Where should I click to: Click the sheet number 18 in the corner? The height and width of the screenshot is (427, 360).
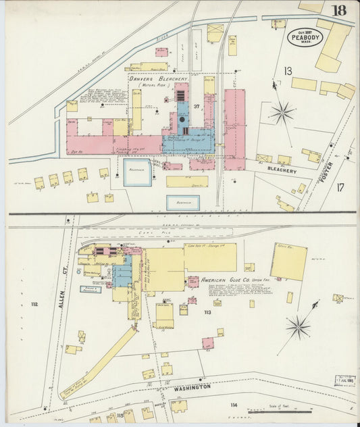(x=339, y=11)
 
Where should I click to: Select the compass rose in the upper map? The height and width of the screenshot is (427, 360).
(x=282, y=111)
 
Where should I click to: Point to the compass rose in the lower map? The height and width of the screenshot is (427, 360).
(x=298, y=327)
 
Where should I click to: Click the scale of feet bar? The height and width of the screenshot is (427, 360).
(x=279, y=410)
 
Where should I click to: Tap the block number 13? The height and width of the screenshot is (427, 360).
(x=288, y=70)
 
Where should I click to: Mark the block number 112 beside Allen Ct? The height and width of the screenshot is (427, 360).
(x=34, y=305)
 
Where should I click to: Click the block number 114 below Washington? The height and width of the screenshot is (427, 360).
(x=234, y=405)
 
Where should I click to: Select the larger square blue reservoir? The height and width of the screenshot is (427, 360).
(x=138, y=172)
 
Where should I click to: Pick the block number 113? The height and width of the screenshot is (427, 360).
(x=207, y=312)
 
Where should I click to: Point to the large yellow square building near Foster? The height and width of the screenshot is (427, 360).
(x=288, y=262)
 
